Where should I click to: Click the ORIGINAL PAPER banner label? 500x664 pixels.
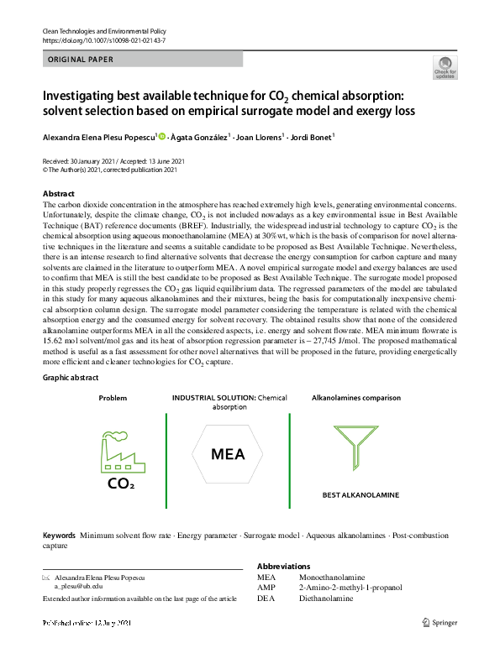[x=81, y=60]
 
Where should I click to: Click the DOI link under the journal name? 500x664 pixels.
[x=103, y=40]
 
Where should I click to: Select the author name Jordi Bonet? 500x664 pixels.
[x=310, y=136]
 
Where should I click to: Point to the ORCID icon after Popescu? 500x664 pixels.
[x=162, y=136]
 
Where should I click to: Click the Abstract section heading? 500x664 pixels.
[x=59, y=194]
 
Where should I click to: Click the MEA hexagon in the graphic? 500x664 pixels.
[x=228, y=455]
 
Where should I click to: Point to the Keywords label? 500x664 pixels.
[x=59, y=535]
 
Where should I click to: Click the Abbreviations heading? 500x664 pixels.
[x=283, y=567]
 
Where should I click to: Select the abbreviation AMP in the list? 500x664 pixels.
[x=266, y=588]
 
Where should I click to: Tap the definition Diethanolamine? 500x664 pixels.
[x=324, y=599]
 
